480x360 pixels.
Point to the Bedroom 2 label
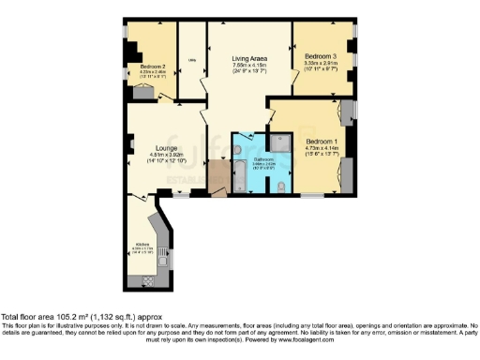tap(153, 67)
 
